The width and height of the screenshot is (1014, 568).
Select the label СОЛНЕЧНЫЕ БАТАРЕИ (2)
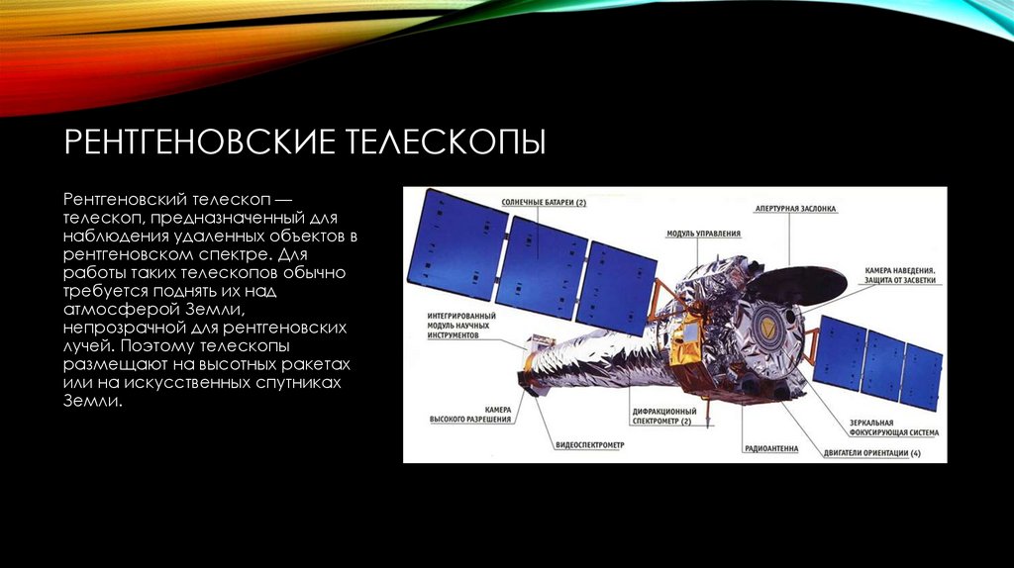point(544,203)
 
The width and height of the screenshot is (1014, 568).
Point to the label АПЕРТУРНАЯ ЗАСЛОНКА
point(796,210)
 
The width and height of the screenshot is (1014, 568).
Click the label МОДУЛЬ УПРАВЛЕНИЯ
point(704,234)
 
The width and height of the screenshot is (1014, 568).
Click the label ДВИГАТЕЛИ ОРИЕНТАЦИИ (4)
point(872,453)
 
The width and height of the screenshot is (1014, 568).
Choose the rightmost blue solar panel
point(920,376)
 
